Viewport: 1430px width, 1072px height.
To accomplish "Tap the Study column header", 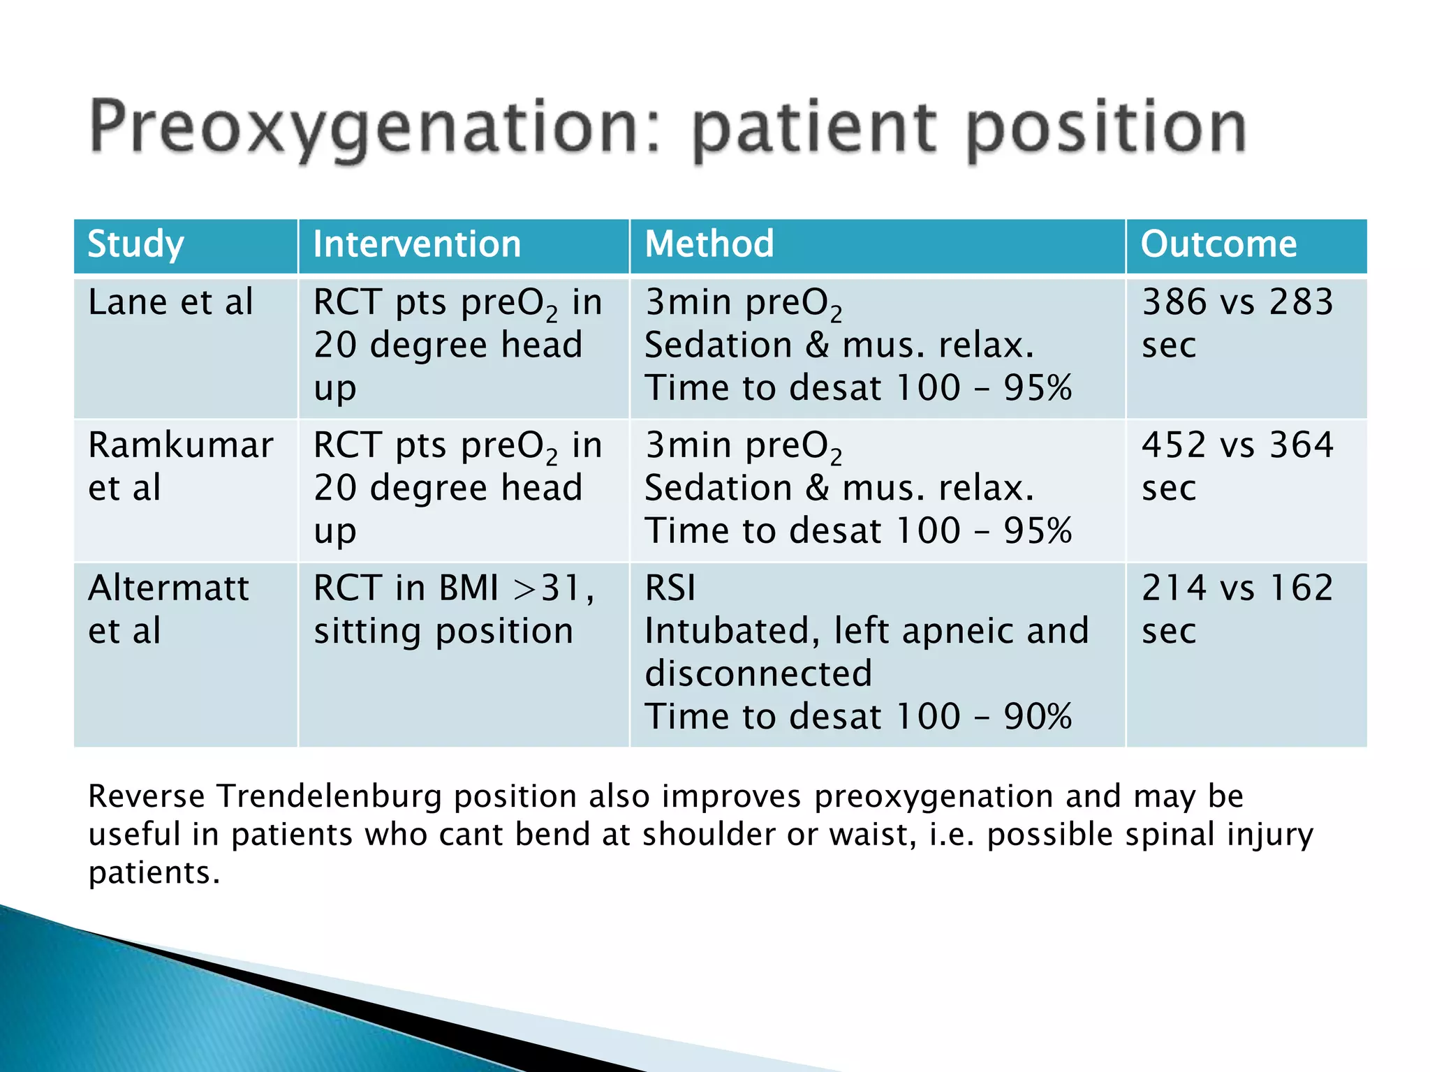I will pos(135,245).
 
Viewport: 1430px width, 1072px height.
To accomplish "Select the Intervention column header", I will pos(417,245).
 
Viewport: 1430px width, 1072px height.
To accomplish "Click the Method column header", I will pos(709,244).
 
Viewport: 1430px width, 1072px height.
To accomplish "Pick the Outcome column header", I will pos(1218,244).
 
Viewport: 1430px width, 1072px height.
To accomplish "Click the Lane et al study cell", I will pos(170,303).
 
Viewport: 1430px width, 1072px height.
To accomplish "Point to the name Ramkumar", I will pos(180,445).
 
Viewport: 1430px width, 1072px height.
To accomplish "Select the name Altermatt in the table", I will pos(168,588).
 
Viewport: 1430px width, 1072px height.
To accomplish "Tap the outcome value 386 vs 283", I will pos(1237,303).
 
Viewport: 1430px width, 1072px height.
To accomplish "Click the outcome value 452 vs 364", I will pos(1237,445).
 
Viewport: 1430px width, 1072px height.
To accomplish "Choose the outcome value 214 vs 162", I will pos(1237,588).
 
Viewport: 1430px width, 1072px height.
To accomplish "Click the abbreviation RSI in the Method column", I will pos(670,588).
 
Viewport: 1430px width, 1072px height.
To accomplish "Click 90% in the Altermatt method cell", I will pos(1038,717).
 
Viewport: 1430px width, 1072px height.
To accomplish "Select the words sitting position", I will pos(443,632).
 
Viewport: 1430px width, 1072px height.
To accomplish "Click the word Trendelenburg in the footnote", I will pos(329,796).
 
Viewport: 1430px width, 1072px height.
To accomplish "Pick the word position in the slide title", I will pos(1106,129).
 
